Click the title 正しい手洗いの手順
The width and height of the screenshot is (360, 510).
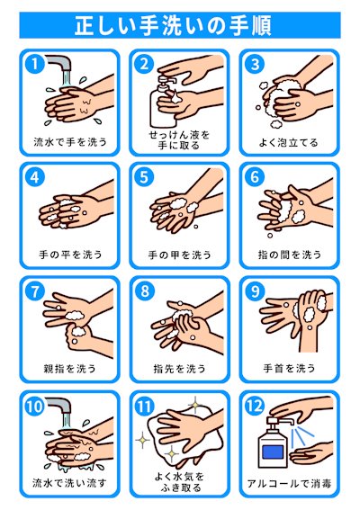[x=173, y=25]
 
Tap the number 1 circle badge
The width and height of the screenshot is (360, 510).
[x=34, y=64]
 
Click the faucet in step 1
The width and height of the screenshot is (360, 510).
[x=59, y=65]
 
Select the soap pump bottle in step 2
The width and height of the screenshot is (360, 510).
[x=161, y=102]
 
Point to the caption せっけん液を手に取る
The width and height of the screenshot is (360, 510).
[x=179, y=139]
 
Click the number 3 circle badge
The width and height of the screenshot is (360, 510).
[x=255, y=64]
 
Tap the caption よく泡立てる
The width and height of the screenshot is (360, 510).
[x=289, y=142]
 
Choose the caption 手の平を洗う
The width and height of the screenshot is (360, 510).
[x=70, y=255]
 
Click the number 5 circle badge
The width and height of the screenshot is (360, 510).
[x=145, y=177]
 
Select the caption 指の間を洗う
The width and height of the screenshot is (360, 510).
[x=290, y=255]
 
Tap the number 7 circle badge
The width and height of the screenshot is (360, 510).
[x=34, y=291]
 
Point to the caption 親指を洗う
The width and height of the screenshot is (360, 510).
[x=69, y=368]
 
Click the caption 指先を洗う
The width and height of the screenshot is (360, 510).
[x=180, y=368]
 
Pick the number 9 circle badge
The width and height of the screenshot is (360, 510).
[x=255, y=291]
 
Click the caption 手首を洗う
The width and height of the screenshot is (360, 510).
[x=290, y=368]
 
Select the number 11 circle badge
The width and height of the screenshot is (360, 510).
[x=145, y=406]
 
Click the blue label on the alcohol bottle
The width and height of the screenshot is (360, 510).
[x=273, y=452]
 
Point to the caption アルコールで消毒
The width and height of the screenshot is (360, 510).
[x=290, y=483]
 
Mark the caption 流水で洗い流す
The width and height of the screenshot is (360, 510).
[x=69, y=483]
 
